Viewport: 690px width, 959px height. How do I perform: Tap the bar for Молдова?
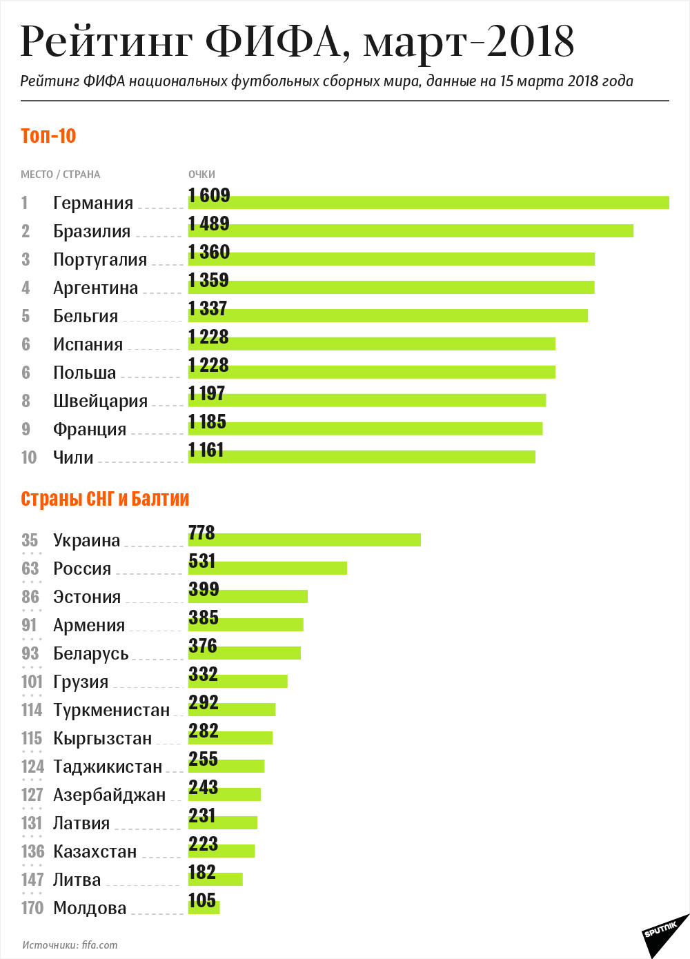[204, 907]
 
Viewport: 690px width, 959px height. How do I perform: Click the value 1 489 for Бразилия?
[209, 224]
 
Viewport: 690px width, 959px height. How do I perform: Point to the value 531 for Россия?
[202, 561]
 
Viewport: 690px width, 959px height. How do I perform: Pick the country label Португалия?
[100, 259]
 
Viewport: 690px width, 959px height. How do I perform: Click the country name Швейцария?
[100, 401]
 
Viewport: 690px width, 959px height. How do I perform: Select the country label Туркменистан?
[111, 710]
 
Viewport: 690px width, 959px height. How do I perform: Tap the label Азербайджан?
[109, 795]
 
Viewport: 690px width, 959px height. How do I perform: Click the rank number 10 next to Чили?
[28, 457]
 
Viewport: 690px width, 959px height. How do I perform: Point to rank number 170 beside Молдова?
[32, 908]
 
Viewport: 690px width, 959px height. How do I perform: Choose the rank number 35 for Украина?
[30, 540]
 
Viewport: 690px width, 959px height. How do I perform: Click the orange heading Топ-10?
[48, 136]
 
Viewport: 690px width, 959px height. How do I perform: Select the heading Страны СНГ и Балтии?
[105, 499]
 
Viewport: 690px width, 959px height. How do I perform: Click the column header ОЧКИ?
[201, 175]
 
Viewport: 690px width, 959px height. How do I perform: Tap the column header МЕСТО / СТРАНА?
[60, 175]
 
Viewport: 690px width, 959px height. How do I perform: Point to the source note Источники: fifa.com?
[70, 945]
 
